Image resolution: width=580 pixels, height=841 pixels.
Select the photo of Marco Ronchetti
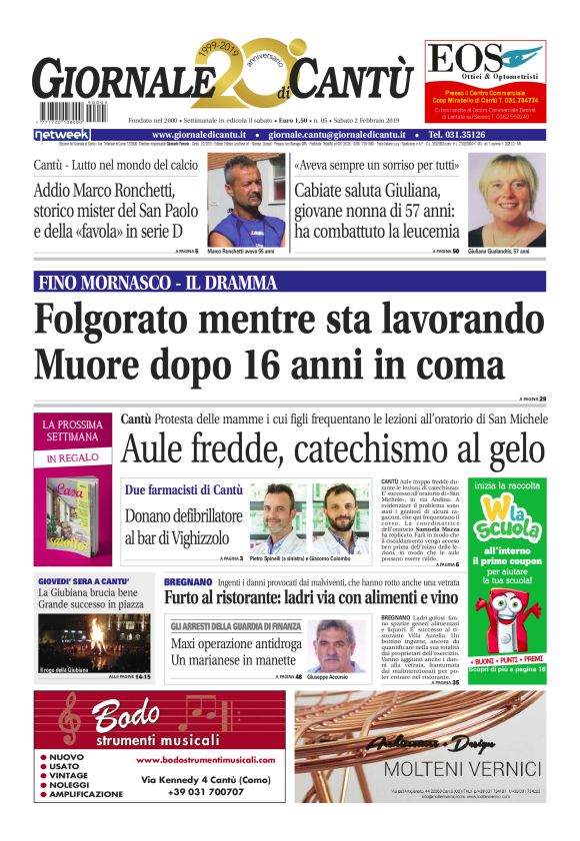coord(246,200)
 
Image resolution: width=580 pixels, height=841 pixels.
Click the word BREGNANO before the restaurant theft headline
coord(187,579)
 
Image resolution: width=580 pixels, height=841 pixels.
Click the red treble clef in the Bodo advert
coord(68,720)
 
